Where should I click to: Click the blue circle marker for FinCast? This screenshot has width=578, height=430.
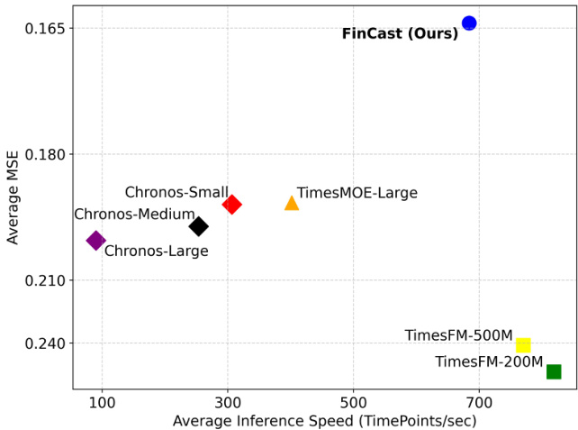click(x=469, y=23)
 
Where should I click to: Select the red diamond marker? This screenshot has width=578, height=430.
click(x=231, y=205)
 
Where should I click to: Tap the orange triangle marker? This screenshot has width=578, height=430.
click(x=292, y=203)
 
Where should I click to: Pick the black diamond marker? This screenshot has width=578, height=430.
click(x=198, y=226)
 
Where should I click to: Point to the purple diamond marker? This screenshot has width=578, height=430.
click(x=95, y=241)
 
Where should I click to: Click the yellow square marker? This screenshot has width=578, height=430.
click(x=523, y=345)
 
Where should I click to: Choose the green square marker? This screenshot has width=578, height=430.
click(x=554, y=371)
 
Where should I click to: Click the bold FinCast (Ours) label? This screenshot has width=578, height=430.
click(x=400, y=34)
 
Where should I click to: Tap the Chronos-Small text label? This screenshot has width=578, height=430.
click(x=176, y=192)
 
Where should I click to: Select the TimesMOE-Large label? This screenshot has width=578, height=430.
click(x=357, y=193)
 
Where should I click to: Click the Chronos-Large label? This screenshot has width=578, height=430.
click(x=156, y=252)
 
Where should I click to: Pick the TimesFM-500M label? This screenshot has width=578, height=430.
click(x=458, y=335)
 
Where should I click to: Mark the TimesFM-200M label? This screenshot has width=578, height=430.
click(x=489, y=362)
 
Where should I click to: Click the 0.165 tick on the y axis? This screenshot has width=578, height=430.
click(x=45, y=29)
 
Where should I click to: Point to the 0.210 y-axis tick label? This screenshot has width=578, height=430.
click(x=45, y=280)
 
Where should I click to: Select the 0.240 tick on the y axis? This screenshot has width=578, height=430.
click(x=45, y=343)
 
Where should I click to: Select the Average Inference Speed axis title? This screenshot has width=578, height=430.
click(x=324, y=420)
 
